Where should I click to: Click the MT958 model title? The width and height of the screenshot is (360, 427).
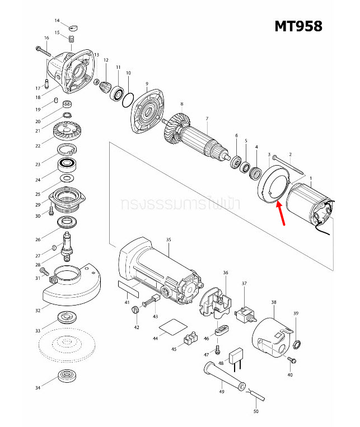click(x=298, y=26)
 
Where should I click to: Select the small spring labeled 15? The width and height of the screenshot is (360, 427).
click(x=72, y=39)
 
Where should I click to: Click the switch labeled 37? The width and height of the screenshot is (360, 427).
click(x=245, y=317)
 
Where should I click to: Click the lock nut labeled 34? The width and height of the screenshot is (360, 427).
click(x=67, y=377)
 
